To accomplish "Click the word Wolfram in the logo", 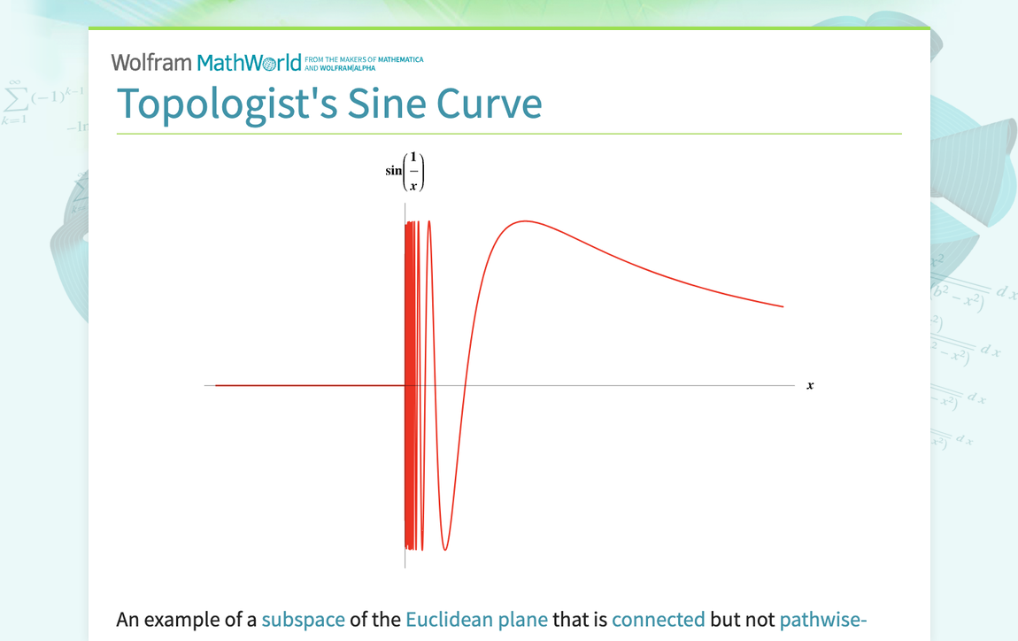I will pyautogui.click(x=151, y=63).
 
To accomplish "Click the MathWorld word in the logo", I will pyautogui.click(x=249, y=63).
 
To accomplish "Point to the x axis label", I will pyautogui.click(x=810, y=385).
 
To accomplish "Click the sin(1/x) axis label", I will pyautogui.click(x=405, y=172).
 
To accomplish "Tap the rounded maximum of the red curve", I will pyautogui.click(x=524, y=221).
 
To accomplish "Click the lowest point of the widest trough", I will pyautogui.click(x=445, y=550).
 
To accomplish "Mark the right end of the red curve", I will pyautogui.click(x=783, y=306).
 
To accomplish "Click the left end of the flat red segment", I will pyautogui.click(x=217, y=385).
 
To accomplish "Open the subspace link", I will pyautogui.click(x=303, y=620).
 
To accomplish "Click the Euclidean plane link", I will pyautogui.click(x=476, y=620).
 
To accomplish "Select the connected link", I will pyautogui.click(x=658, y=620).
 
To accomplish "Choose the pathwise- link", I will pyautogui.click(x=822, y=620).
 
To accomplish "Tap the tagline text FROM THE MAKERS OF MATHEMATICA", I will pyautogui.click(x=364, y=59).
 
